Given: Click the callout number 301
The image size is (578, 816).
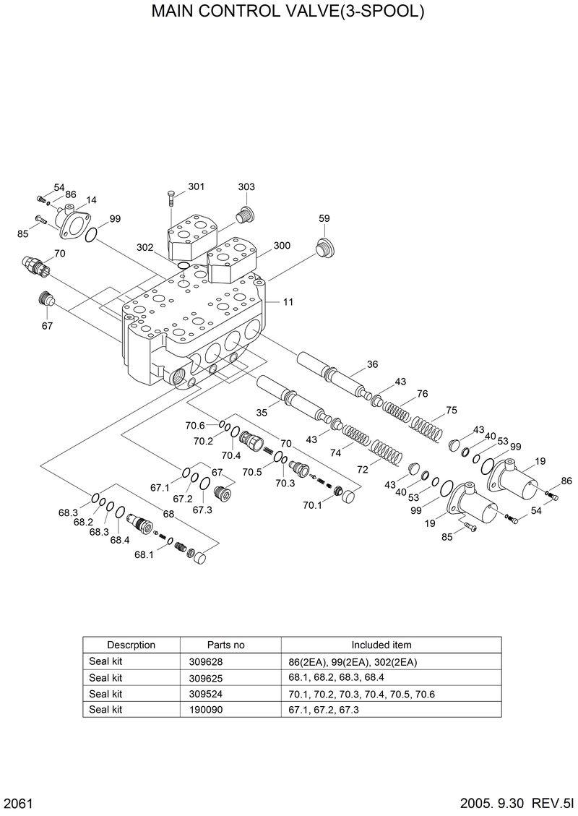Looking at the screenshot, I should (x=197, y=186).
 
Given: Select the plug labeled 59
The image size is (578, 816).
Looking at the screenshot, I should (x=324, y=248).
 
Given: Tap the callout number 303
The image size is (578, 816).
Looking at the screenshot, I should (x=246, y=186).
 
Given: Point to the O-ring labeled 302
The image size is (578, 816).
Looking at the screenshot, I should (x=184, y=266).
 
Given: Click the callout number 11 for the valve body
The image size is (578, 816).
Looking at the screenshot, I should (x=288, y=302).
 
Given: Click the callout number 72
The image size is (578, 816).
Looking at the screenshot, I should (x=362, y=469).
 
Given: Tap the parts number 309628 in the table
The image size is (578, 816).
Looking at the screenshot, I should (x=225, y=662).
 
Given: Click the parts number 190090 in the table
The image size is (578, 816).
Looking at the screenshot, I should (x=225, y=709).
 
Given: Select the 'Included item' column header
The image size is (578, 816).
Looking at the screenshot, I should (x=381, y=645).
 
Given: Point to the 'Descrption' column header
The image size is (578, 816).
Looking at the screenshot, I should (x=131, y=645).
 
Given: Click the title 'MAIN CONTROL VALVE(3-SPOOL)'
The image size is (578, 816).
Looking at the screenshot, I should (x=288, y=12).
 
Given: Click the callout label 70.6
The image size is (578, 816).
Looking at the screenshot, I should (x=195, y=425).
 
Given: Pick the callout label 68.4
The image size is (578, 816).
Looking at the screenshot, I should (x=120, y=540).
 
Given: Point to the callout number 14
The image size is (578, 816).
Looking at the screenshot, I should (x=92, y=200).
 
